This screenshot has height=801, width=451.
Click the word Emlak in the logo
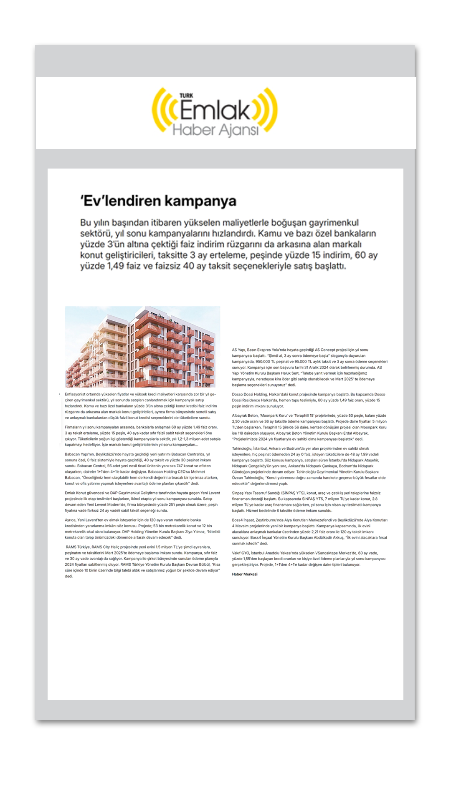coord(215,110)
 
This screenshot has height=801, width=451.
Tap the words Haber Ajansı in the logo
coord(215,130)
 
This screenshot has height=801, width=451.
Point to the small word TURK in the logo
coord(186,96)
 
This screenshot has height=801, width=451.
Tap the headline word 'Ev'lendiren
coord(119,201)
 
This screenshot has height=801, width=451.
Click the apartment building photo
coord(142,347)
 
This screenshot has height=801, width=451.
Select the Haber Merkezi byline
coord(245,574)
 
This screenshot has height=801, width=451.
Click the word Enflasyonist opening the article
coord(76,394)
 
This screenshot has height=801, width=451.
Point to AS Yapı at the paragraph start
coord(239,350)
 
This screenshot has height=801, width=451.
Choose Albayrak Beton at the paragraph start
coord(245,416)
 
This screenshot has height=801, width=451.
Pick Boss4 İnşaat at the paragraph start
coord(244,520)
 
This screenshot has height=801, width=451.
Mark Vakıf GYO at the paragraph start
coord(241,553)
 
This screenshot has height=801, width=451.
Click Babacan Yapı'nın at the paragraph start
coord(79,454)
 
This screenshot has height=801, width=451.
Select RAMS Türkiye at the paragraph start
coord(78,547)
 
